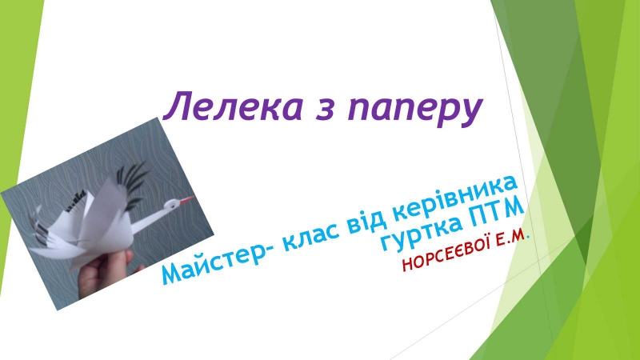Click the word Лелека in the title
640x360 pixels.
[x=234, y=107]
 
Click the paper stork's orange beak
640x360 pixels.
[x=186, y=200]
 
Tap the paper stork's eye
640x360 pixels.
[x=173, y=203]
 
